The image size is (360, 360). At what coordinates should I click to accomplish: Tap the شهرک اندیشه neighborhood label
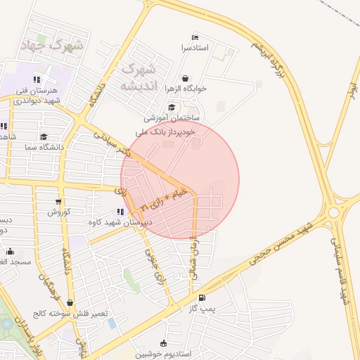click(137, 77)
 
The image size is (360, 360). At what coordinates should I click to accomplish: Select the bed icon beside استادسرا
click(195, 37)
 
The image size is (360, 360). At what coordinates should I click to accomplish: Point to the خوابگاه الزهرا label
click(186, 89)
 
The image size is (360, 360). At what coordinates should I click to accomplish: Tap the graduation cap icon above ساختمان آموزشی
click(172, 107)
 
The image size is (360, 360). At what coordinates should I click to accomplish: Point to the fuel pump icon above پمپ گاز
click(202, 298)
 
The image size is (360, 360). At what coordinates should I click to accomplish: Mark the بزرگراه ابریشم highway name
click(271, 56)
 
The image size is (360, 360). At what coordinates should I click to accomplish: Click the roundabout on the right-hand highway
click(334, 212)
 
